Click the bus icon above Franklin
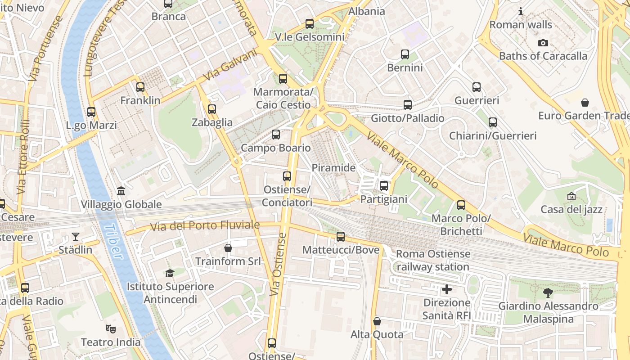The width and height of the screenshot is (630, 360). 140,87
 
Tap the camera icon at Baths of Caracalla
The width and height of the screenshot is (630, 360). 543,43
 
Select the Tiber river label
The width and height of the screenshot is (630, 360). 112,242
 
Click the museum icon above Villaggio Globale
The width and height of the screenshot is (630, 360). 121,191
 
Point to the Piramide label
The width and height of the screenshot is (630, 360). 333,168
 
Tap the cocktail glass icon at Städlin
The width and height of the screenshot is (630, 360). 75,237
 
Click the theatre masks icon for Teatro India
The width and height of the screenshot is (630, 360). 111,329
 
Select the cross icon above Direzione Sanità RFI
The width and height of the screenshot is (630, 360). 447,289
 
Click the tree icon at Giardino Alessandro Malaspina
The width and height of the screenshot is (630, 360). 548,293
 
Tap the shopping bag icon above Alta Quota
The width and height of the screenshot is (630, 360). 377,321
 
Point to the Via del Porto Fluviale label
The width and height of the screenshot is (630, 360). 205,225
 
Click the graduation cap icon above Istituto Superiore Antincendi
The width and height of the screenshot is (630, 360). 170,273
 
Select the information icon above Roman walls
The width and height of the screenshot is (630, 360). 521,12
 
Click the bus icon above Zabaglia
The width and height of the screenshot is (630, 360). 212,109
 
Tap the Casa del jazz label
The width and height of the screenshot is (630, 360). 571,209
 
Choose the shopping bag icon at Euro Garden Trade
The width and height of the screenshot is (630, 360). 585,103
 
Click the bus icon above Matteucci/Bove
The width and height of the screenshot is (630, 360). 341,237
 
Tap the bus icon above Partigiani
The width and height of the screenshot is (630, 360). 384,186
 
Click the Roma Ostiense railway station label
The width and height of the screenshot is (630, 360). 432,260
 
